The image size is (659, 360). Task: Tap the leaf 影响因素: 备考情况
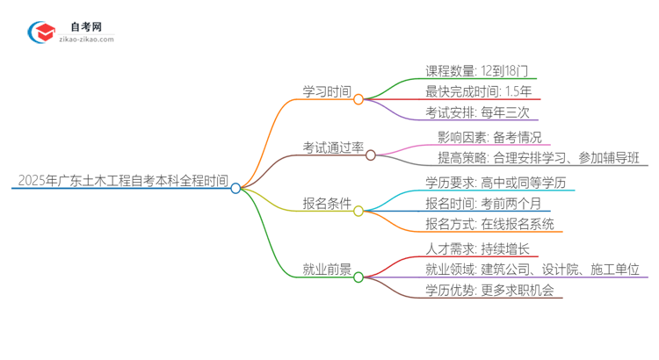click(x=494, y=137)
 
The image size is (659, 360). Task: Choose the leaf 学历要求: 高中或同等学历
click(x=496, y=183)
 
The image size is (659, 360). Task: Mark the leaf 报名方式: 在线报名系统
click(x=490, y=225)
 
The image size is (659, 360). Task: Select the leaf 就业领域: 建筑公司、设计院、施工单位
click(x=532, y=270)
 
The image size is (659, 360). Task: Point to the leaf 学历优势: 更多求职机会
click(x=489, y=292)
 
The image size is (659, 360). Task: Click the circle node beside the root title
click(x=235, y=188)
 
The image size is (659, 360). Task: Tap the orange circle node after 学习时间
click(x=358, y=99)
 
